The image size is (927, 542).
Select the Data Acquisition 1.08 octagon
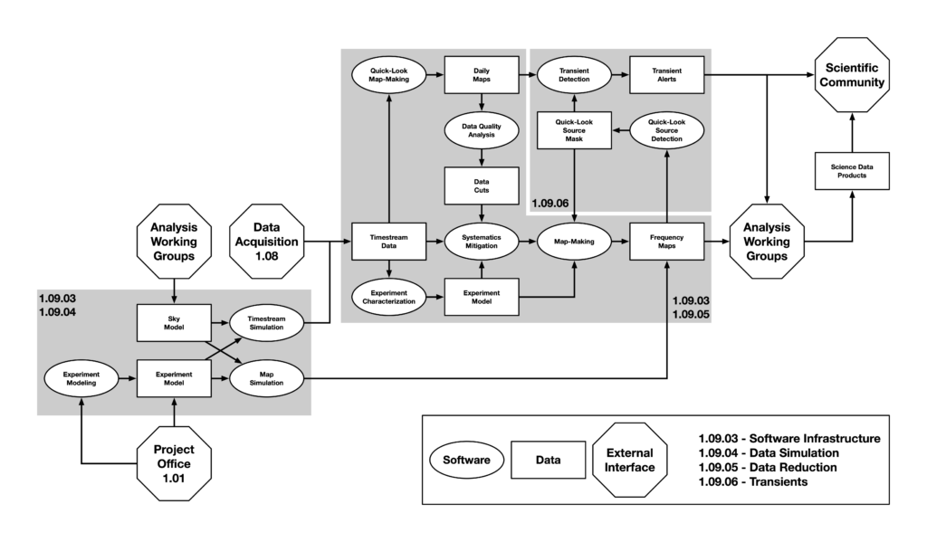pyautogui.click(x=267, y=242)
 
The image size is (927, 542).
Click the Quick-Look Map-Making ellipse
pyautogui.click(x=388, y=74)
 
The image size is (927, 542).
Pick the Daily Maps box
pyautogui.click(x=480, y=74)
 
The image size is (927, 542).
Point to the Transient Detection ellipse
pyautogui.click(x=574, y=74)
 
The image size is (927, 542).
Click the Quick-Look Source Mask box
pyautogui.click(x=574, y=130)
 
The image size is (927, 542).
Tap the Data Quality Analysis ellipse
pyautogui.click(x=480, y=130)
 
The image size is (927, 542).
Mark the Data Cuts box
pyautogui.click(x=480, y=186)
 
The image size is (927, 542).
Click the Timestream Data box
pyautogui.click(x=388, y=242)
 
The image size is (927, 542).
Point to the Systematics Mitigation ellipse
pyautogui.click(x=480, y=242)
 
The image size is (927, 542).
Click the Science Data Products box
pyautogui.click(x=851, y=169)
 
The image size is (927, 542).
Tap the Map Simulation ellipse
pyautogui.click(x=266, y=377)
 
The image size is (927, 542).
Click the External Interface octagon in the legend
pyautogui.click(x=631, y=461)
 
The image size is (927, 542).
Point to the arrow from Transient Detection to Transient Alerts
pyautogui.click(x=620, y=74)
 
